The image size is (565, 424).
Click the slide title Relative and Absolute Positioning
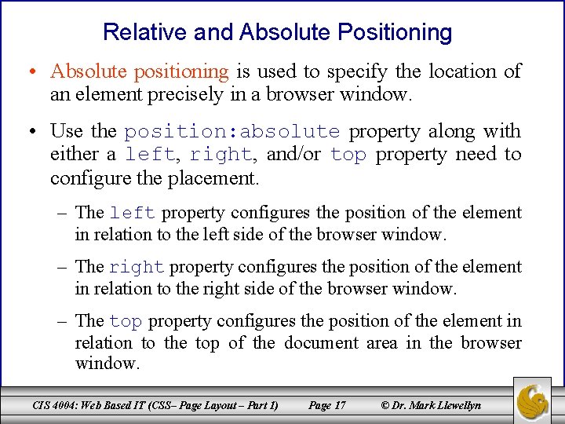(278, 32)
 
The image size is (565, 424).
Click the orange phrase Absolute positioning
(139, 71)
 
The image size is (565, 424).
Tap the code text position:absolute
(232, 131)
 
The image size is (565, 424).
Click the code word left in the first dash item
(133, 214)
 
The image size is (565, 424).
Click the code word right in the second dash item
(137, 268)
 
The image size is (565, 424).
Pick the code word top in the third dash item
(126, 322)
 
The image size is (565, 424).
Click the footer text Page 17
(326, 405)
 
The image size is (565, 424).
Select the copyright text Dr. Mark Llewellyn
(435, 405)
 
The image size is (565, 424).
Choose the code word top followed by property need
(348, 155)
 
